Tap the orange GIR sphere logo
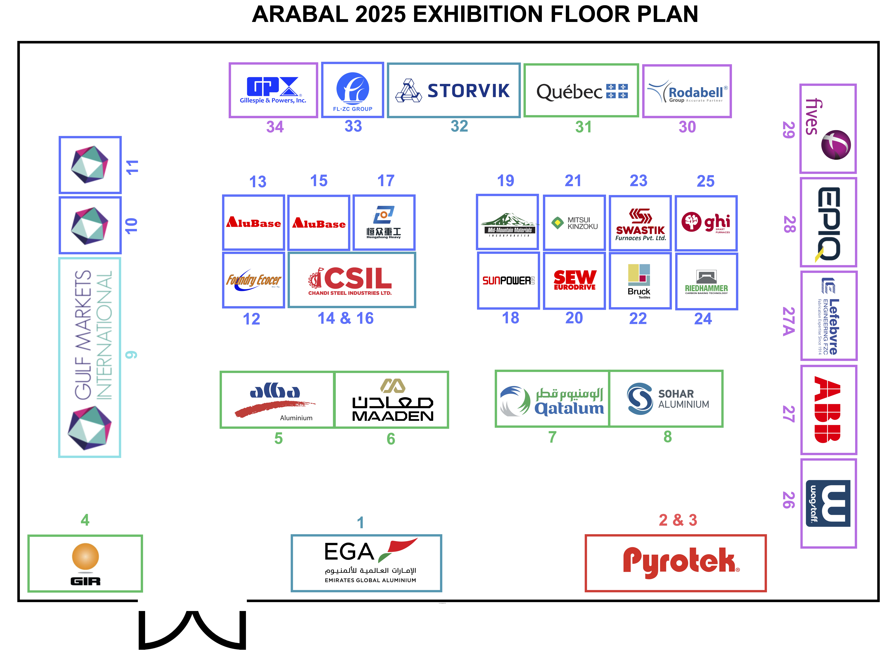coord(85,557)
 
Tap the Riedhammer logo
coord(706,282)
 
